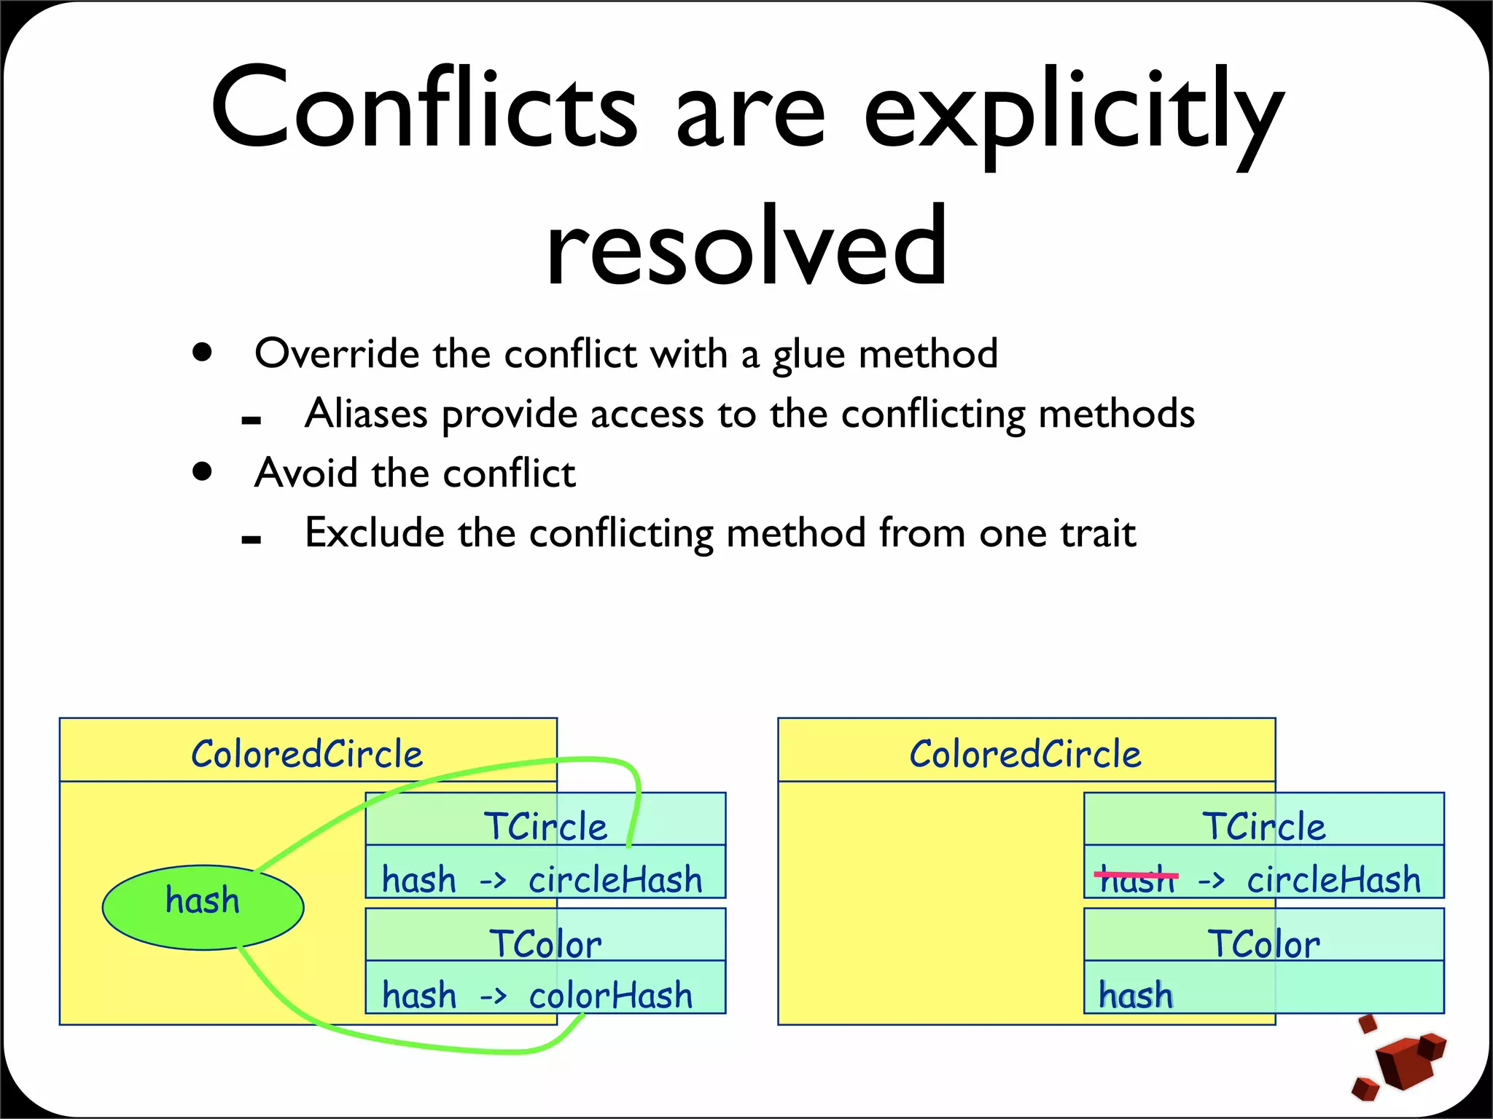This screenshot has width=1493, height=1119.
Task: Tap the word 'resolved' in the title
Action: tap(746, 246)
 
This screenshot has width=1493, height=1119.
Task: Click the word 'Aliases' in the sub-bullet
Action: tap(366, 414)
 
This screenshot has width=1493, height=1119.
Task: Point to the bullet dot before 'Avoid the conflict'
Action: tap(203, 471)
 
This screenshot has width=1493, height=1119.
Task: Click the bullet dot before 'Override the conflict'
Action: tap(203, 353)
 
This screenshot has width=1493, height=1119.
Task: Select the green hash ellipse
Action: tap(203, 907)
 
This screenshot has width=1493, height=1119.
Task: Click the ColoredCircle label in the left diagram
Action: tap(307, 753)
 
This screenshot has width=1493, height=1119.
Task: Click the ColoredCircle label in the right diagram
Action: tap(1025, 753)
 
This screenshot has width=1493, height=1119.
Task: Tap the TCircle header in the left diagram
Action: tap(545, 825)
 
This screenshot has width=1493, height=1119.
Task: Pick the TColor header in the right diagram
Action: tap(1263, 943)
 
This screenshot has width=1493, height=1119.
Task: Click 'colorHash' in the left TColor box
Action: tap(610, 995)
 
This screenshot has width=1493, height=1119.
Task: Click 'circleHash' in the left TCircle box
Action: tap(615, 879)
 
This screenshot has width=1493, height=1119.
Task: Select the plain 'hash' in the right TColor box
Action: tap(1136, 995)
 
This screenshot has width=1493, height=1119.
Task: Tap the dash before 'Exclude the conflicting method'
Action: tap(251, 539)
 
